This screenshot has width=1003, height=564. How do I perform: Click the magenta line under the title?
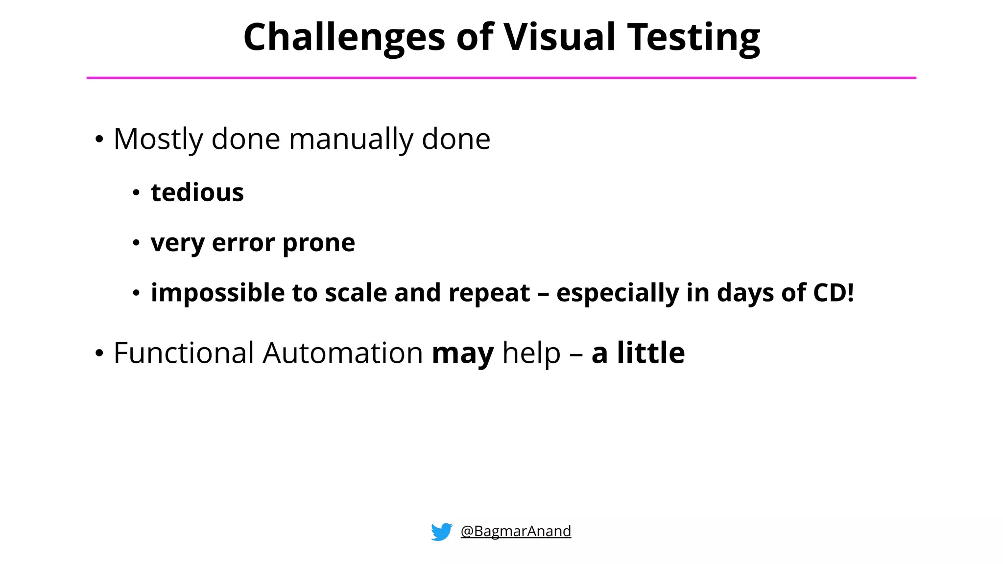coord(501,77)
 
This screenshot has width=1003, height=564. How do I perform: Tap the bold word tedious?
coord(197,192)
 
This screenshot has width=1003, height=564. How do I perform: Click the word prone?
coord(318,243)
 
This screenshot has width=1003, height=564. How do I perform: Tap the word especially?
coord(618,293)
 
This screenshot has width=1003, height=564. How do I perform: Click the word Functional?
coord(184,353)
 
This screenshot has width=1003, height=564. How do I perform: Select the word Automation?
coord(342,353)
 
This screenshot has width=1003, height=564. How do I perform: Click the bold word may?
coord(462,353)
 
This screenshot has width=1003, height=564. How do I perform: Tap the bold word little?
coord(650,353)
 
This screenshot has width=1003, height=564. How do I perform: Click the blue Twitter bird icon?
coord(441,531)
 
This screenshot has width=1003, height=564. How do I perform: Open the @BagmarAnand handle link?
coord(516,531)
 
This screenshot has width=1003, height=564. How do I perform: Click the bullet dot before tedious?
coord(136,193)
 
